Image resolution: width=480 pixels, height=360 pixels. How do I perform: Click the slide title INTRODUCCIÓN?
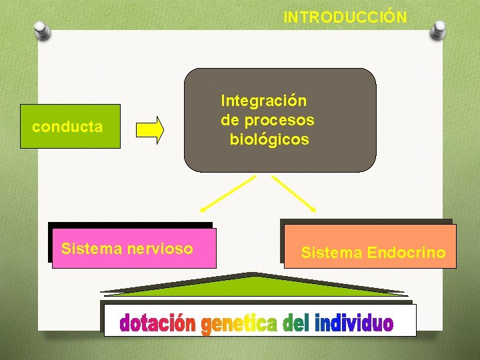click(x=345, y=17)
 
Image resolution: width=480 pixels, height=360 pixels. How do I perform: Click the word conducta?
click(x=67, y=127)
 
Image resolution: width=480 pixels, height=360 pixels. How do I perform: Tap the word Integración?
click(x=264, y=101)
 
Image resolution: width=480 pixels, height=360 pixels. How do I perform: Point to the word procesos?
click(x=279, y=121)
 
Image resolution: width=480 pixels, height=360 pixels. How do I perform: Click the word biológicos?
click(x=269, y=140)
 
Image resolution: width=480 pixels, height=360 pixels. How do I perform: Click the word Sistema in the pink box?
click(x=91, y=249)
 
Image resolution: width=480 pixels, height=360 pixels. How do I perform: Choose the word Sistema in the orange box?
click(x=331, y=253)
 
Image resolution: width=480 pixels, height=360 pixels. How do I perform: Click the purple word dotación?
click(x=158, y=323)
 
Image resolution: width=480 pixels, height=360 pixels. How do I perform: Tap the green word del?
click(x=295, y=323)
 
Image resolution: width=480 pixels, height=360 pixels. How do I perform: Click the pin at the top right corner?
click(x=438, y=29)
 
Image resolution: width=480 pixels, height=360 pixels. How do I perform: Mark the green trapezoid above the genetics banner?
click(x=253, y=285)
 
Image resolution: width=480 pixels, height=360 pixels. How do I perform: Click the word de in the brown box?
click(x=231, y=121)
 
